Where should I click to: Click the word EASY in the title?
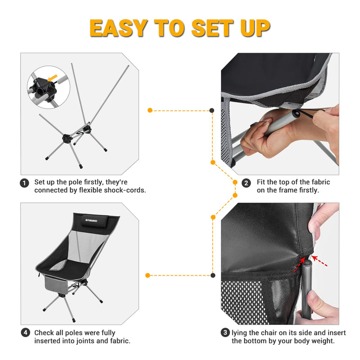point(119,28)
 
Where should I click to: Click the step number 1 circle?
point(25,183)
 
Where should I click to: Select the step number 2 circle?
point(246,183)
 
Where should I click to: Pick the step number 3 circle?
point(225,333)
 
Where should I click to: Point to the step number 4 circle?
point(25,333)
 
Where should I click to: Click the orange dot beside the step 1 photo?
point(150,110)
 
